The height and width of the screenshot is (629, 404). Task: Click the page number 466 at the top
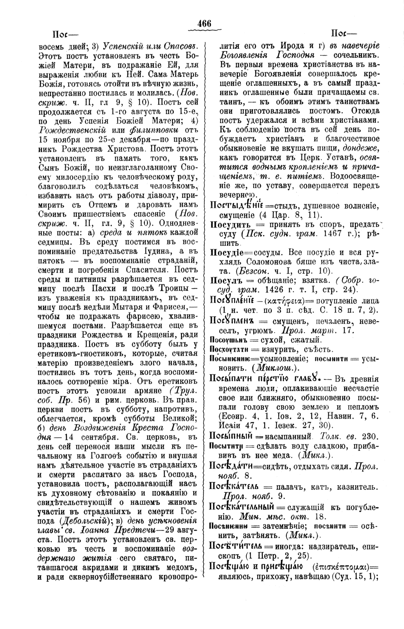[204, 23]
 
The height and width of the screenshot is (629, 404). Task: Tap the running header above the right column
[343, 35]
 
